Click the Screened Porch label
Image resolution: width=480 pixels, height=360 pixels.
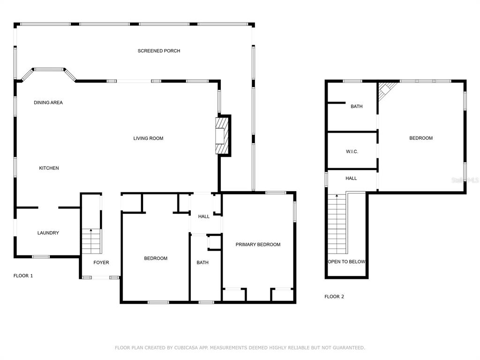pyautogui.click(x=159, y=51)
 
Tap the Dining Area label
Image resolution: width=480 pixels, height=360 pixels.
pyautogui.click(x=48, y=103)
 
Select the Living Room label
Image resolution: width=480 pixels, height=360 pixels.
pyautogui.click(x=148, y=138)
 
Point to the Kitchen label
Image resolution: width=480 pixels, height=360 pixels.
pyautogui.click(x=49, y=168)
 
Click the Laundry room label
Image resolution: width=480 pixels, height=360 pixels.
pyautogui.click(x=48, y=233)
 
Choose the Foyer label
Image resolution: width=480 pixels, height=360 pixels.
pyautogui.click(x=101, y=262)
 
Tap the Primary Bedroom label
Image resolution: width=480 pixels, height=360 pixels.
pyautogui.click(x=258, y=245)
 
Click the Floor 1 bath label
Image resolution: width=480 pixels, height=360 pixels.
pyautogui.click(x=202, y=262)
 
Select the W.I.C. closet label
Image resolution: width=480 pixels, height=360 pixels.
pyautogui.click(x=352, y=151)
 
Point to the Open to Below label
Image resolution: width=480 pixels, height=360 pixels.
pyautogui.click(x=346, y=262)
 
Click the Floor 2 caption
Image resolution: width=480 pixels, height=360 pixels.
pyautogui.click(x=334, y=297)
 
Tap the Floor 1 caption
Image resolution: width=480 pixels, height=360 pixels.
pyautogui.click(x=23, y=276)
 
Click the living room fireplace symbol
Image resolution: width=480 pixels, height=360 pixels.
pyautogui.click(x=223, y=136)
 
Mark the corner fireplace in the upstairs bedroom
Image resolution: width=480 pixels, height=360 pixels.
pyautogui.click(x=386, y=90)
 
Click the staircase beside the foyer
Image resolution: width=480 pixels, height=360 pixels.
pyautogui.click(x=91, y=241)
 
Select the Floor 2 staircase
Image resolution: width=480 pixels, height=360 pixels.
pyautogui.click(x=337, y=224)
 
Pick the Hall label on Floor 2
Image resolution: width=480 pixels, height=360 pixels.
pyautogui.click(x=351, y=179)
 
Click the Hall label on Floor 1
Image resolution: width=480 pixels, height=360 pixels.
pyautogui.click(x=203, y=217)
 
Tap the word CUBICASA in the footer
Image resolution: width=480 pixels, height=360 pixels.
pyautogui.click(x=186, y=348)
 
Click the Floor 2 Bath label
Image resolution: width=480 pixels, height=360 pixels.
pyautogui.click(x=357, y=106)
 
